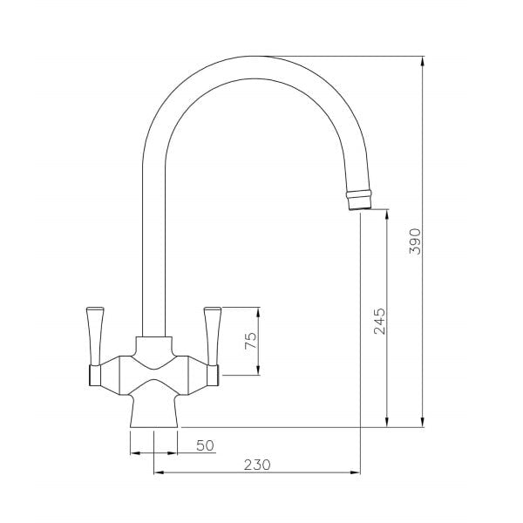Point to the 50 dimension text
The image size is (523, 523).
coord(205,445)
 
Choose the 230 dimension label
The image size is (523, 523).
coord(256,465)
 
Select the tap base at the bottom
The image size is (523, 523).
coord(154,411)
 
